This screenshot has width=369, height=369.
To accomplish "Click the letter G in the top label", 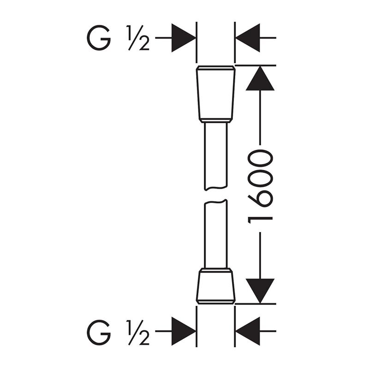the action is coord(99,38).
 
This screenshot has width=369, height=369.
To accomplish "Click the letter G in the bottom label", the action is coord(99,333).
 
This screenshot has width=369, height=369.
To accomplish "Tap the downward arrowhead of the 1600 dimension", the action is coord(260,291).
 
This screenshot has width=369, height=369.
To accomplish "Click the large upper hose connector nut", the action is coord(216,94).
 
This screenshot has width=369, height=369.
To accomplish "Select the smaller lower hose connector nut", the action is coord(216,286).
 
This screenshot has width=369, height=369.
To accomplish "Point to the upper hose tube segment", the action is coord(216,156).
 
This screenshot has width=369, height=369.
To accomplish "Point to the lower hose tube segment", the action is coord(216,234).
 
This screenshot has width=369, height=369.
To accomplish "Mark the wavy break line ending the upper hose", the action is coord(216,188).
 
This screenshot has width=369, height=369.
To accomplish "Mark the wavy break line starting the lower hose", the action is coord(216,202).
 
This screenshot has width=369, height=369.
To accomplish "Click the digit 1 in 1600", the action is coord(260,219).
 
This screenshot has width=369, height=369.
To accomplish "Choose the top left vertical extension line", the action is coord(196,42).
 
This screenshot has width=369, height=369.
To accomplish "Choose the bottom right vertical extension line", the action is coord(235,327).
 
